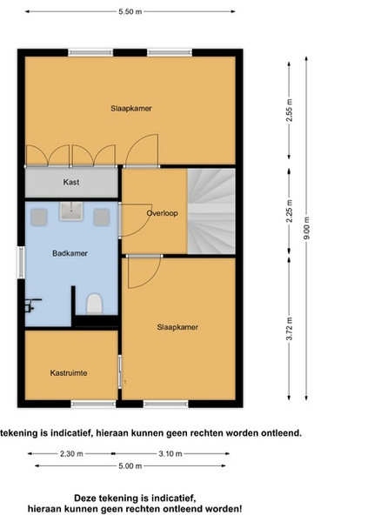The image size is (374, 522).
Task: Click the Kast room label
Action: click(71, 182)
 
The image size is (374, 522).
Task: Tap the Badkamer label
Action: click(70, 253)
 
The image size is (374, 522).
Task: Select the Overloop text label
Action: click(163, 213)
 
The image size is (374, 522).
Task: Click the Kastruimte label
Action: click(69, 373)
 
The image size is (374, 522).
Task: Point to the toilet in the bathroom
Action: click(94, 304)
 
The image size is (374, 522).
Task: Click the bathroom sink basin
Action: click(70, 211)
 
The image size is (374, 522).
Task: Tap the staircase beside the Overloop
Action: click(211, 211)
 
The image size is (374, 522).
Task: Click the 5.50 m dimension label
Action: click(130, 11)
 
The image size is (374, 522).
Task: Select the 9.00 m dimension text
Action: click(306, 228)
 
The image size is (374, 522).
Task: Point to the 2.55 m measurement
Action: click(290, 110)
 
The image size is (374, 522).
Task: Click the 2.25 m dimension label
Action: click(290, 211)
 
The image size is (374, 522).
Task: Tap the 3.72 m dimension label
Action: click(290, 329)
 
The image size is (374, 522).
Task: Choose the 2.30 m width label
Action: click(71, 453)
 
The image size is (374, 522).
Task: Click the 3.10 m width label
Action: click(170, 453)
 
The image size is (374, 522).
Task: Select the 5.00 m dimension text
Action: click(130, 465)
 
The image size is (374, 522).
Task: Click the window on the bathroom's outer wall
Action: click(21, 263)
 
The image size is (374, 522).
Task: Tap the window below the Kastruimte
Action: click(94, 405)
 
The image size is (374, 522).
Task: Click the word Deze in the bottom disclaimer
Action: click(84, 498)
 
